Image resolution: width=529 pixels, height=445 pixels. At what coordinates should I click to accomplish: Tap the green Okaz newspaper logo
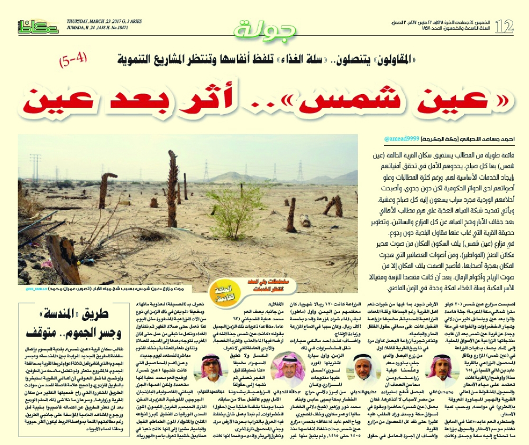point(38,27)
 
